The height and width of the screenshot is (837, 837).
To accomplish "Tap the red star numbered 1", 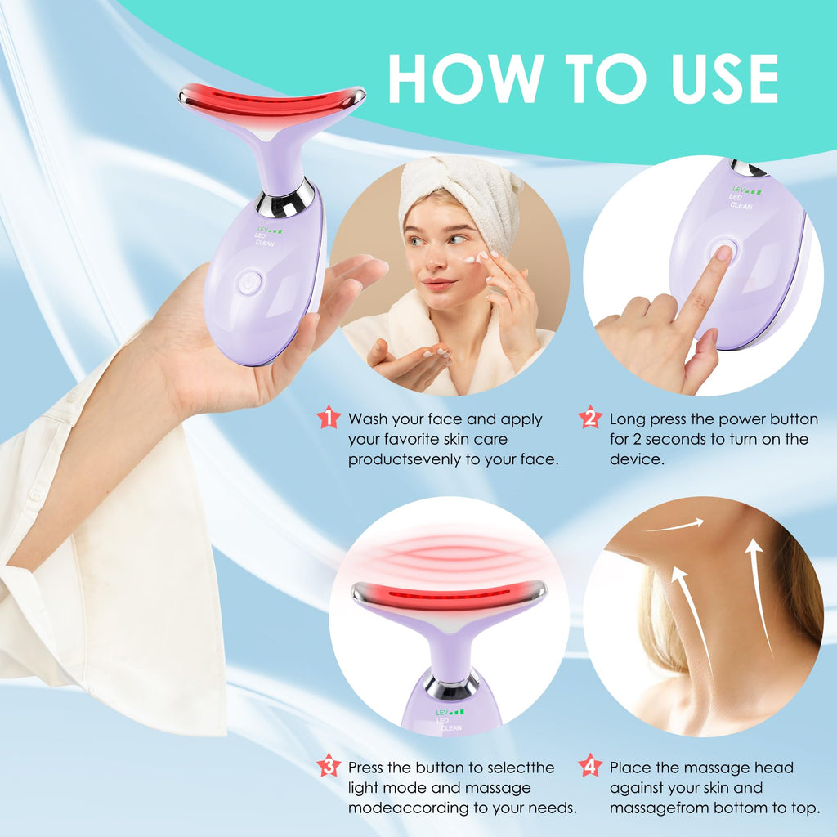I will (329, 418).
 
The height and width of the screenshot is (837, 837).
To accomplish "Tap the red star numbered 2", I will (589, 418).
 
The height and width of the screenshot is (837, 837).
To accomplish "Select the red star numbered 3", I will (329, 766).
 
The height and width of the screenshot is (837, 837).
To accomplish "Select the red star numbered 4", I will (589, 766).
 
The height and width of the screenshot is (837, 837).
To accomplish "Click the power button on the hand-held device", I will (250, 283).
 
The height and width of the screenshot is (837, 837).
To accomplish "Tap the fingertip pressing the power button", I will (723, 254).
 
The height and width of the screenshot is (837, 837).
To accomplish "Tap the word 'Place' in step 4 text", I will (630, 768).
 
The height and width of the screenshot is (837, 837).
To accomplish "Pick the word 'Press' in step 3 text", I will (368, 768).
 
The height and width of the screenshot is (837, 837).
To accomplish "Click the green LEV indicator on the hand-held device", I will (269, 231).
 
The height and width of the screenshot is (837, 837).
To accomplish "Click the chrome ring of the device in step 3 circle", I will (451, 684).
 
